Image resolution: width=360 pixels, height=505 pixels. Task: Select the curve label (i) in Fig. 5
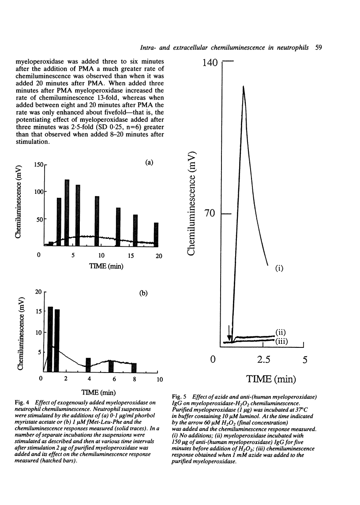279,268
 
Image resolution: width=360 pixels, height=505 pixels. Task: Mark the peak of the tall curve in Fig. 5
243,87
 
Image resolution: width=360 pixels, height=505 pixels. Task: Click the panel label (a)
149,162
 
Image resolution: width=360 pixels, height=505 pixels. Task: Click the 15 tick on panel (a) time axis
131,256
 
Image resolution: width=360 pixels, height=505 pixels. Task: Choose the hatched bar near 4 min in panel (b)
88,365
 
